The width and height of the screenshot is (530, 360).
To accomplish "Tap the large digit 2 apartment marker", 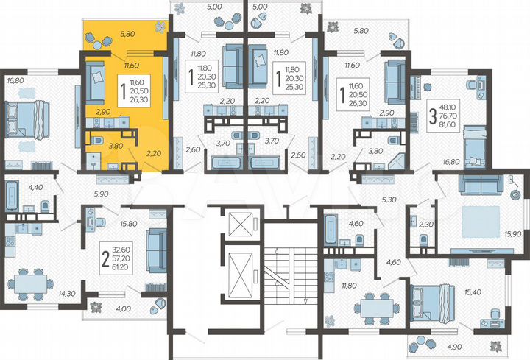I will coord(106,260).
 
